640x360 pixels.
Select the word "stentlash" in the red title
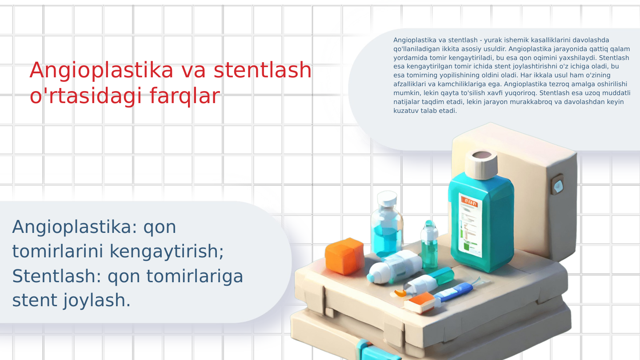point(263,70)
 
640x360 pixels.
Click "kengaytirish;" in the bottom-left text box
point(166,251)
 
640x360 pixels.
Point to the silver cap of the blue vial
point(387,198)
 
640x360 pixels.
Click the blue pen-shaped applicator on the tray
point(453,292)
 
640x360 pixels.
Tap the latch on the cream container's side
point(558,185)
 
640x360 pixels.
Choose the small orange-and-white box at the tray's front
point(420,303)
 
